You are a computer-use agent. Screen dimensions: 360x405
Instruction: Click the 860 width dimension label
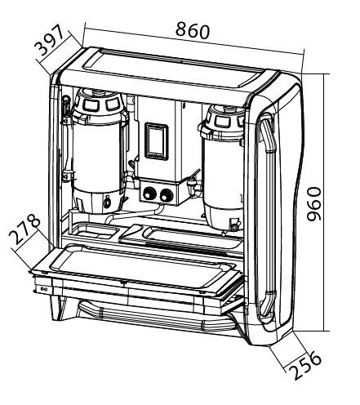click(x=193, y=30)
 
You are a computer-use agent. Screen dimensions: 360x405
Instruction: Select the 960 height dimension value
click(x=313, y=203)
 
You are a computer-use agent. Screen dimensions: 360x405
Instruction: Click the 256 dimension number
click(x=305, y=365)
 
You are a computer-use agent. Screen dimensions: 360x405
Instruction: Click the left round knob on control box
click(x=149, y=194)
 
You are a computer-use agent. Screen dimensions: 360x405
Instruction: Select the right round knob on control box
click(x=166, y=194)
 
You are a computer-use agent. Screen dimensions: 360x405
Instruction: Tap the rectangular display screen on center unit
click(x=156, y=140)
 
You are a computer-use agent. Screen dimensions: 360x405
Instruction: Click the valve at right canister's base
click(x=234, y=225)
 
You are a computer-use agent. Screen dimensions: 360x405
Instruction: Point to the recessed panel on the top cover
click(x=174, y=68)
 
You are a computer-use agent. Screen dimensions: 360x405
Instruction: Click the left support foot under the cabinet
click(x=59, y=308)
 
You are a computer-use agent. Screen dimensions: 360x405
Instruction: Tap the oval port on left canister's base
click(x=107, y=202)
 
